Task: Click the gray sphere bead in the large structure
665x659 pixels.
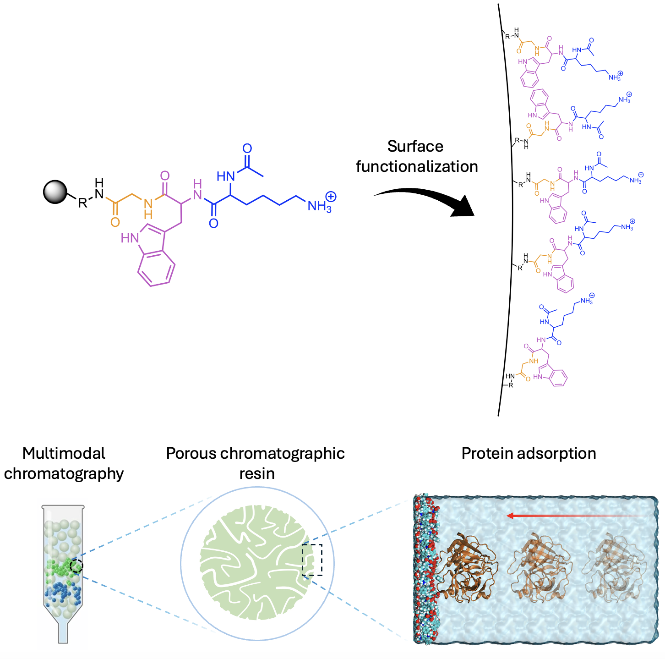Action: coord(55,192)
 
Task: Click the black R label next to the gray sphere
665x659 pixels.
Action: coord(82,203)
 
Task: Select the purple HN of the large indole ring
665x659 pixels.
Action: coord(130,238)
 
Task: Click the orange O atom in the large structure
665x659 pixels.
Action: coord(115,223)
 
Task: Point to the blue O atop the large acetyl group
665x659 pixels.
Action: coord(247,148)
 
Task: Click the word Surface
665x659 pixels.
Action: coord(415,146)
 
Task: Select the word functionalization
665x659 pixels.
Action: coord(417,166)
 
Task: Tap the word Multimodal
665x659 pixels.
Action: coord(64,453)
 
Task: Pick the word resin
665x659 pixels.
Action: coord(257,473)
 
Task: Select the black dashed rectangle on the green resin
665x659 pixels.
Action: coord(312,560)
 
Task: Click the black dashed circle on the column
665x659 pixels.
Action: coord(76,566)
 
